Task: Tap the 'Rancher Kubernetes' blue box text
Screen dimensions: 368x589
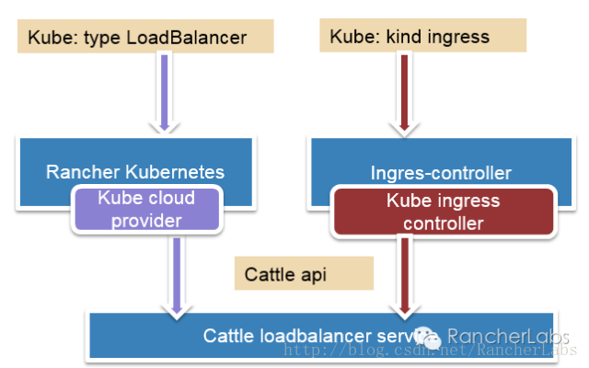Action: point(135,172)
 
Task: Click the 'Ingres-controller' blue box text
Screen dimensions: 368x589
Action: point(441,172)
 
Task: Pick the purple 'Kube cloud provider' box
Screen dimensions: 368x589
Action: point(147,209)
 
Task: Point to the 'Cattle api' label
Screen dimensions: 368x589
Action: point(285,274)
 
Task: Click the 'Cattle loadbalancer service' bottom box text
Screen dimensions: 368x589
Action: point(304,336)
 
